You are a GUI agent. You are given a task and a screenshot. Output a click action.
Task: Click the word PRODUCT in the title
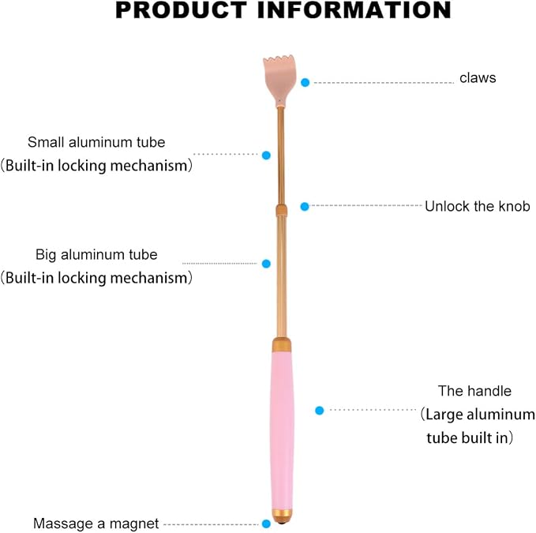pyautogui.click(x=182, y=9)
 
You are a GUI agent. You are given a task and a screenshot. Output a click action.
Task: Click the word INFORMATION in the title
pyautogui.click(x=354, y=9)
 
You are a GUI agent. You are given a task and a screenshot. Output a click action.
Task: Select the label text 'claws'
pyautogui.click(x=478, y=78)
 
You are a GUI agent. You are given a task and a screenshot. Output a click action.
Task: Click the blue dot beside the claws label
pyautogui.click(x=305, y=82)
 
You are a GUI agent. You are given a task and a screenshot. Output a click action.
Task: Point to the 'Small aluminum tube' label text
pyautogui.click(x=96, y=142)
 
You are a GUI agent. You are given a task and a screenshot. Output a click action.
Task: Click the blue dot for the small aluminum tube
pyautogui.click(x=266, y=156)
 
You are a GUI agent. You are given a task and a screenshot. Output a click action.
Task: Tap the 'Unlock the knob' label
pyautogui.click(x=478, y=206)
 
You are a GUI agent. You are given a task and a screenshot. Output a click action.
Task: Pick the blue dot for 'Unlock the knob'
pyautogui.click(x=305, y=207)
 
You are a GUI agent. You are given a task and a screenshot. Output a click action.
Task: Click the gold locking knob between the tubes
pyautogui.click(x=281, y=210)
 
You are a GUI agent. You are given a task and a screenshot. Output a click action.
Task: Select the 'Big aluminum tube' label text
pyautogui.click(x=96, y=255)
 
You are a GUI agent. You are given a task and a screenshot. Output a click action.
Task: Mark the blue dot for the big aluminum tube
pyautogui.click(x=266, y=264)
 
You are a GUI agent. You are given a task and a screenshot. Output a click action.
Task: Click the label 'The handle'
pyautogui.click(x=474, y=391)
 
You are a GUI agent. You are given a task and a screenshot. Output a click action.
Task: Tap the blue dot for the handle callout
pyautogui.click(x=319, y=411)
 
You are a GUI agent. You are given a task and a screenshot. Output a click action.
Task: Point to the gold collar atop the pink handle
pyautogui.click(x=282, y=344)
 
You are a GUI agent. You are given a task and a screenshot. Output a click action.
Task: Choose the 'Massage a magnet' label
pyautogui.click(x=96, y=524)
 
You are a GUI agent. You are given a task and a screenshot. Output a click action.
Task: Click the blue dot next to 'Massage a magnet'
pyautogui.click(x=266, y=524)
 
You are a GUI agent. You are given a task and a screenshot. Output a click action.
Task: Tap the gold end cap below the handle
pyautogui.click(x=283, y=516)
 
